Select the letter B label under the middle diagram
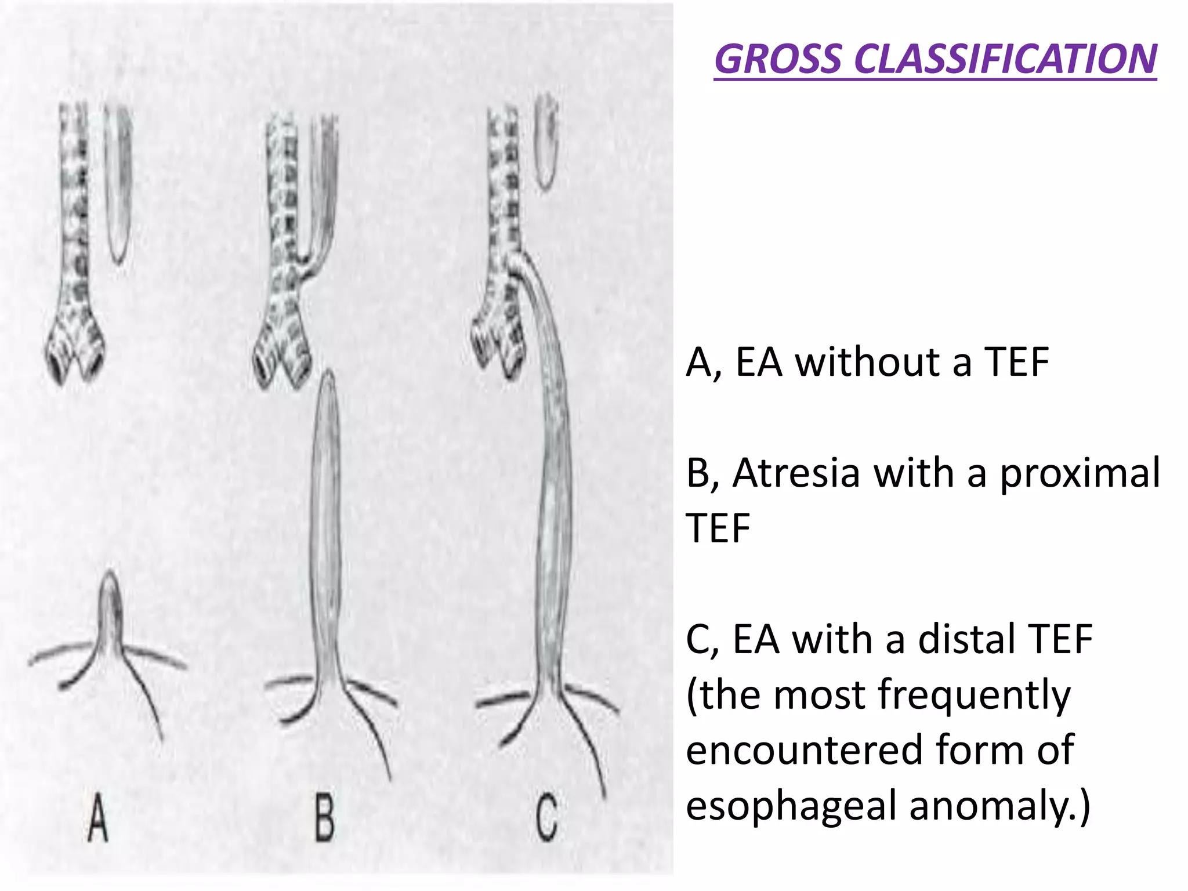(325, 817)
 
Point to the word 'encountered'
(804, 750)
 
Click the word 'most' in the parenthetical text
(819, 695)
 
